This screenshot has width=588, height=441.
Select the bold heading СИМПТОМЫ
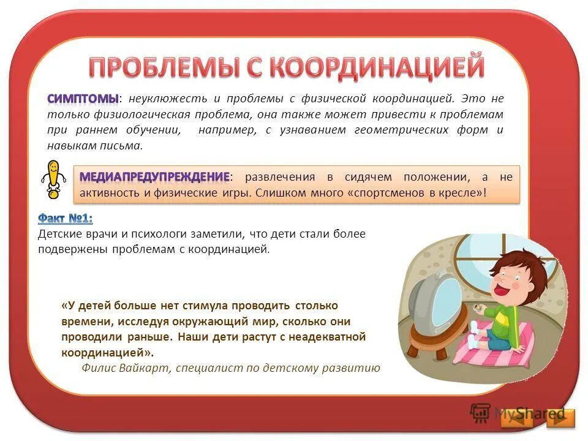(83, 99)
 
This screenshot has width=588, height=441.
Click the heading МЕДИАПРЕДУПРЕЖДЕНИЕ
(154, 177)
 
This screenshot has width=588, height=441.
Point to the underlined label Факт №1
(65, 218)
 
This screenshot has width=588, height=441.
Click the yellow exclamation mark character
(54, 178)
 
